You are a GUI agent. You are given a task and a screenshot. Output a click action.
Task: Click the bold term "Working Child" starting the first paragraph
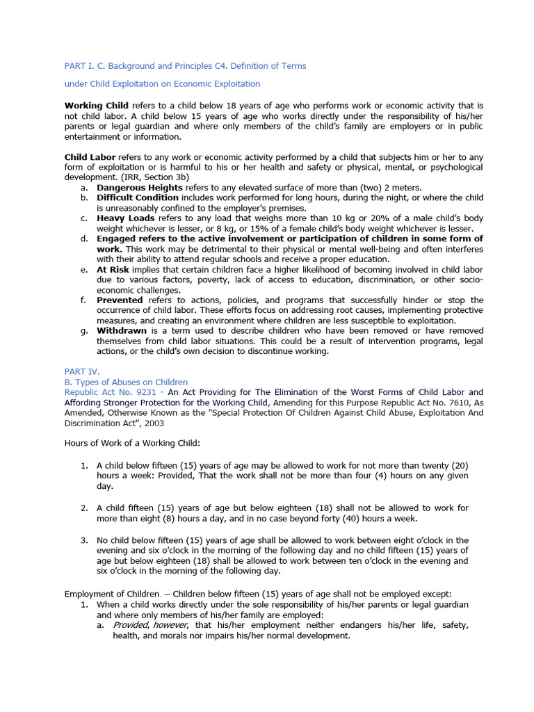pyautogui.click(x=91, y=106)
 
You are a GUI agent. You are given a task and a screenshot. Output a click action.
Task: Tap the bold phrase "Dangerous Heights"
pyautogui.click(x=140, y=188)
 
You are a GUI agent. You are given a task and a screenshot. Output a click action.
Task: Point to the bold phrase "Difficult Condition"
pyautogui.click(x=138, y=198)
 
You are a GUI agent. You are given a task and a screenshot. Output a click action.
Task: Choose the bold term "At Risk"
pyautogui.click(x=113, y=269)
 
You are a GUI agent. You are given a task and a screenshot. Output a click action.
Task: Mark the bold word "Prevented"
pyautogui.click(x=120, y=300)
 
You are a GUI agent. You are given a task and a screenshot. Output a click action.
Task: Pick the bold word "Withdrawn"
pyautogui.click(x=122, y=330)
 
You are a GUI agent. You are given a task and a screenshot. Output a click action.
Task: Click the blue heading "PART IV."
pyautogui.click(x=82, y=372)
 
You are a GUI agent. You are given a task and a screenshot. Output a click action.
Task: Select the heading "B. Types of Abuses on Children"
pyautogui.click(x=126, y=382)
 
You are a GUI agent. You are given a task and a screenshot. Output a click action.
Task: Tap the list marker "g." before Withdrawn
pyautogui.click(x=84, y=330)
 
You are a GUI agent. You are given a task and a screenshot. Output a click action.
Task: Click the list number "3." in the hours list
pyautogui.click(x=84, y=540)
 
